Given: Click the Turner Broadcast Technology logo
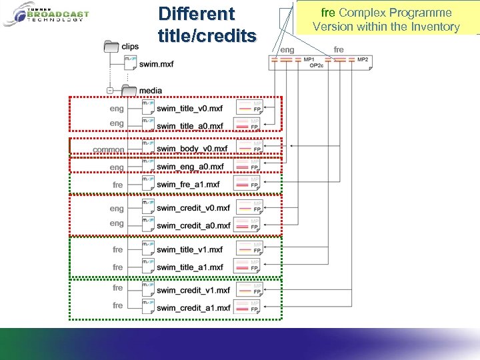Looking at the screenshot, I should pos(46,14).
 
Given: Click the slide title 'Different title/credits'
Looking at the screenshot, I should pos(207,24).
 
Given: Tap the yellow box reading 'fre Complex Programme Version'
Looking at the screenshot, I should pos(386,19).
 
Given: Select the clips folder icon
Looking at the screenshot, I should pos(111,47).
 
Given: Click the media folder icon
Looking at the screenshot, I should pos(128,91).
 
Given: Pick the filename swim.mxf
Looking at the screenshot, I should pos(155,63).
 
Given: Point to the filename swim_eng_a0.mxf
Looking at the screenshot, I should pos(190,167).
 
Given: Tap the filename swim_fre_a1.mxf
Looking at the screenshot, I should pos(188,185).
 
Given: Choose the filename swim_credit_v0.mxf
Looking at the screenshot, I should pos(193,208).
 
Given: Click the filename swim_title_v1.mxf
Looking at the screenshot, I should pos(190,249).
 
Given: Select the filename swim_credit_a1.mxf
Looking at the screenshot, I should pos(193,307).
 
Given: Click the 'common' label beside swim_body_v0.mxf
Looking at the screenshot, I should pos(109,150).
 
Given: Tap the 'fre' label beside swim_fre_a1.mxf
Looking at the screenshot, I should pos(118,185).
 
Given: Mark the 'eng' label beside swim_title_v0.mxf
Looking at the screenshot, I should pos(117,108).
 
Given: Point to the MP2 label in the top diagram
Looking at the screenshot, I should pos(363,60).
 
